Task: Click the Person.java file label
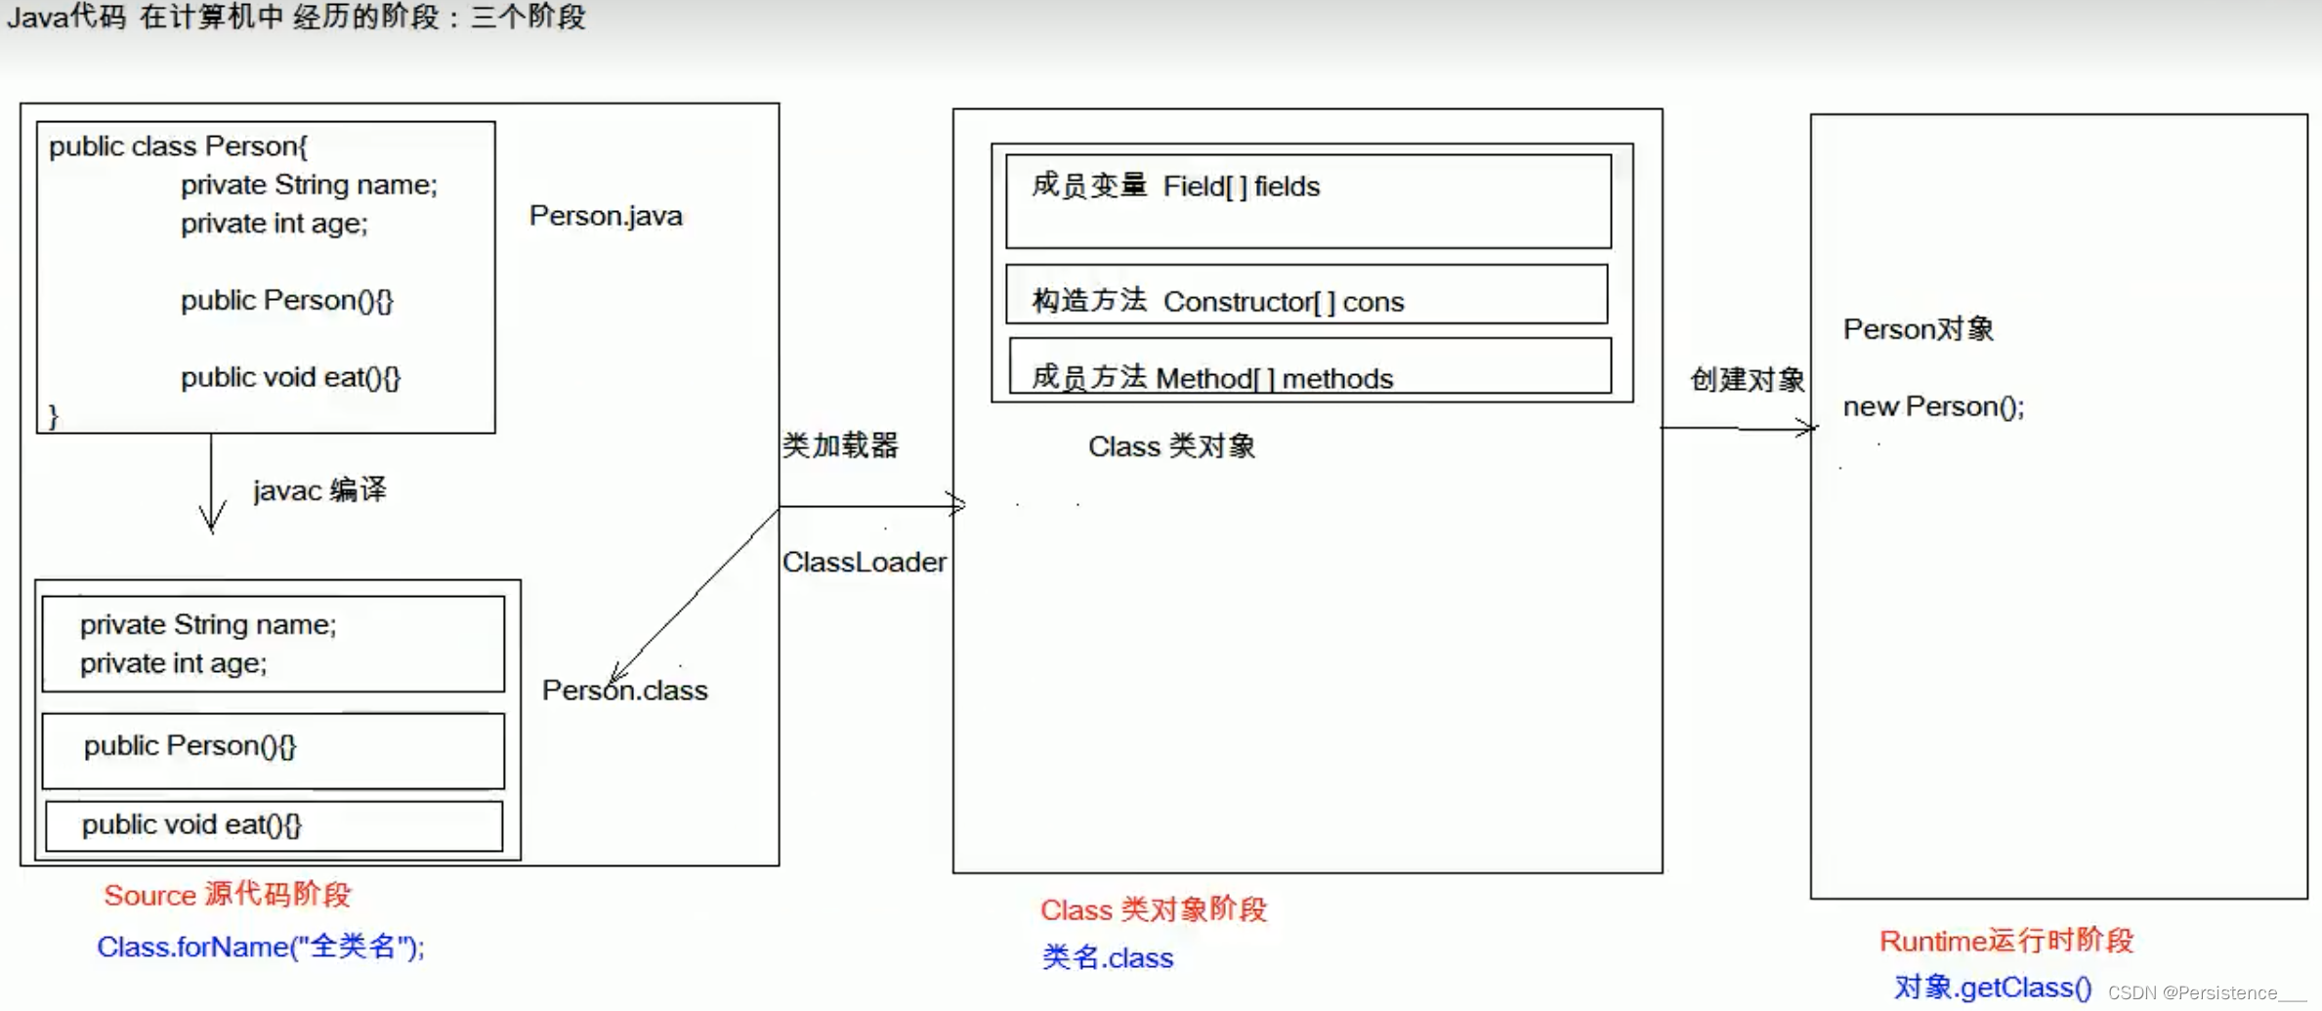click(x=606, y=216)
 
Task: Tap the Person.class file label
click(x=625, y=691)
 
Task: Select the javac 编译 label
click(x=319, y=489)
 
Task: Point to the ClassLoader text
click(x=864, y=562)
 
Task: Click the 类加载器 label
click(x=840, y=445)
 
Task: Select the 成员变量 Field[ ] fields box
click(x=1308, y=201)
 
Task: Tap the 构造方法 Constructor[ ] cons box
click(x=1306, y=294)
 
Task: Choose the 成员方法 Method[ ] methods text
click(x=1212, y=378)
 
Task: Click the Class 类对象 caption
click(x=1171, y=446)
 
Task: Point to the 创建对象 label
click(x=1747, y=379)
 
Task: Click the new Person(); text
click(x=1933, y=406)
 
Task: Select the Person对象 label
click(x=1918, y=329)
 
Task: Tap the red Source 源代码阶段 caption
click(x=228, y=895)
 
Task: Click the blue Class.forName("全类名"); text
click(x=261, y=947)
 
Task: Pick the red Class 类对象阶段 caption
click(x=1153, y=909)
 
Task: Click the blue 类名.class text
click(x=1108, y=957)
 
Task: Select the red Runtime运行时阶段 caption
click(x=2006, y=941)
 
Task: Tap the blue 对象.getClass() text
click(x=1993, y=988)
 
